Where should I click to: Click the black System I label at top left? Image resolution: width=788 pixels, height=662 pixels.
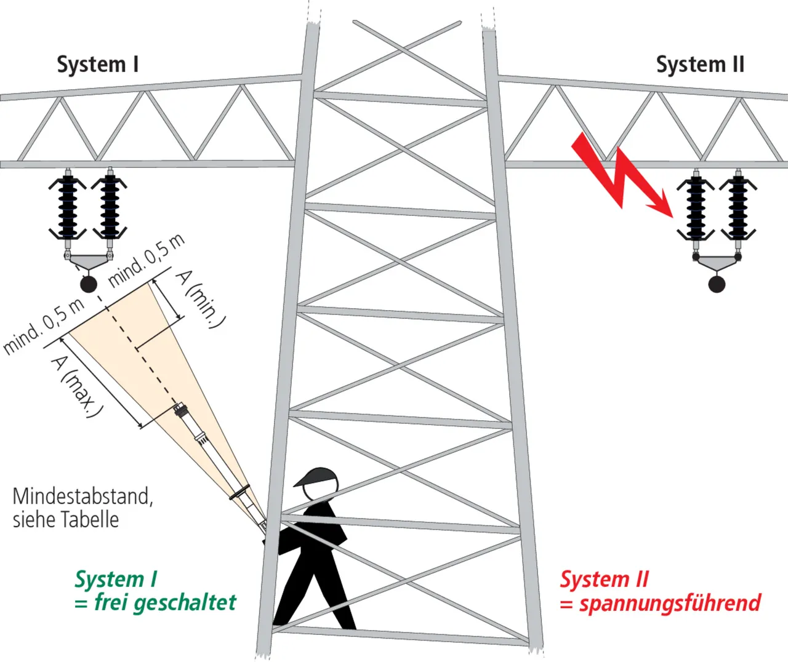point(97,65)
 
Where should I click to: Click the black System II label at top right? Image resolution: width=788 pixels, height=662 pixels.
point(700,65)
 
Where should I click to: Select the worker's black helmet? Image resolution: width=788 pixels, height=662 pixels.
point(318,477)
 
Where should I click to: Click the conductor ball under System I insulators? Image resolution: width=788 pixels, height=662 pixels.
point(89,284)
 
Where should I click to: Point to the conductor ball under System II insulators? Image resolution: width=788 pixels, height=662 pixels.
point(717,284)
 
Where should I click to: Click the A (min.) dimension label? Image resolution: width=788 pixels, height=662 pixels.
point(201,299)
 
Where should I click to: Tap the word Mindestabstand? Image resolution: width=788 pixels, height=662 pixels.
point(82,496)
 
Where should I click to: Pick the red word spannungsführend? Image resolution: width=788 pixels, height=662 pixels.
point(670,603)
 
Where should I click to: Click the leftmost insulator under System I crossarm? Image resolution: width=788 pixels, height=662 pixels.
point(67,207)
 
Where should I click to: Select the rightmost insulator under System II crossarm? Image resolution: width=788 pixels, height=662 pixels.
point(738,208)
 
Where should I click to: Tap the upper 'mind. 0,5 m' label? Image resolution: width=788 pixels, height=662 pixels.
point(147,261)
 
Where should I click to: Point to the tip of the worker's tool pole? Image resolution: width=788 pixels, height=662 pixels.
point(180,407)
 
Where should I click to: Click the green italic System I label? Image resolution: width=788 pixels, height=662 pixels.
point(116,579)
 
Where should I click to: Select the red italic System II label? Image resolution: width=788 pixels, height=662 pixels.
point(604,579)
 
